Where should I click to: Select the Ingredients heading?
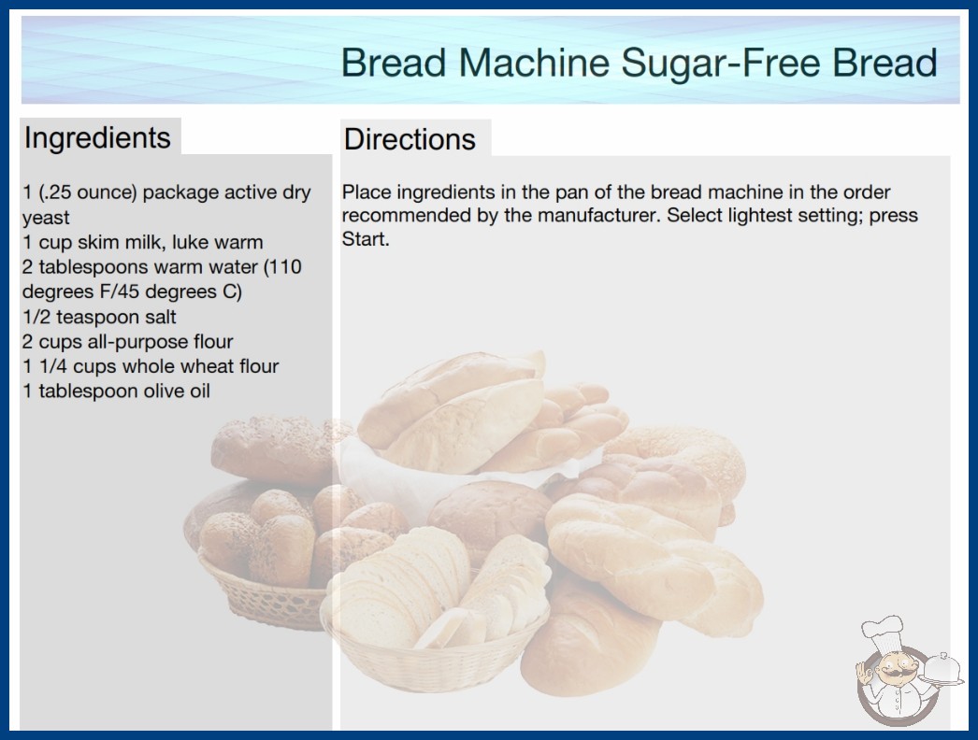pyautogui.click(x=97, y=138)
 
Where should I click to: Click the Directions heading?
pyautogui.click(x=410, y=139)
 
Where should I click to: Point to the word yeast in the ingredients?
pyautogui.click(x=46, y=219)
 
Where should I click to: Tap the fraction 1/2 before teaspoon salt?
pyautogui.click(x=36, y=317)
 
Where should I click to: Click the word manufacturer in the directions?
pyautogui.click(x=597, y=215)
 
